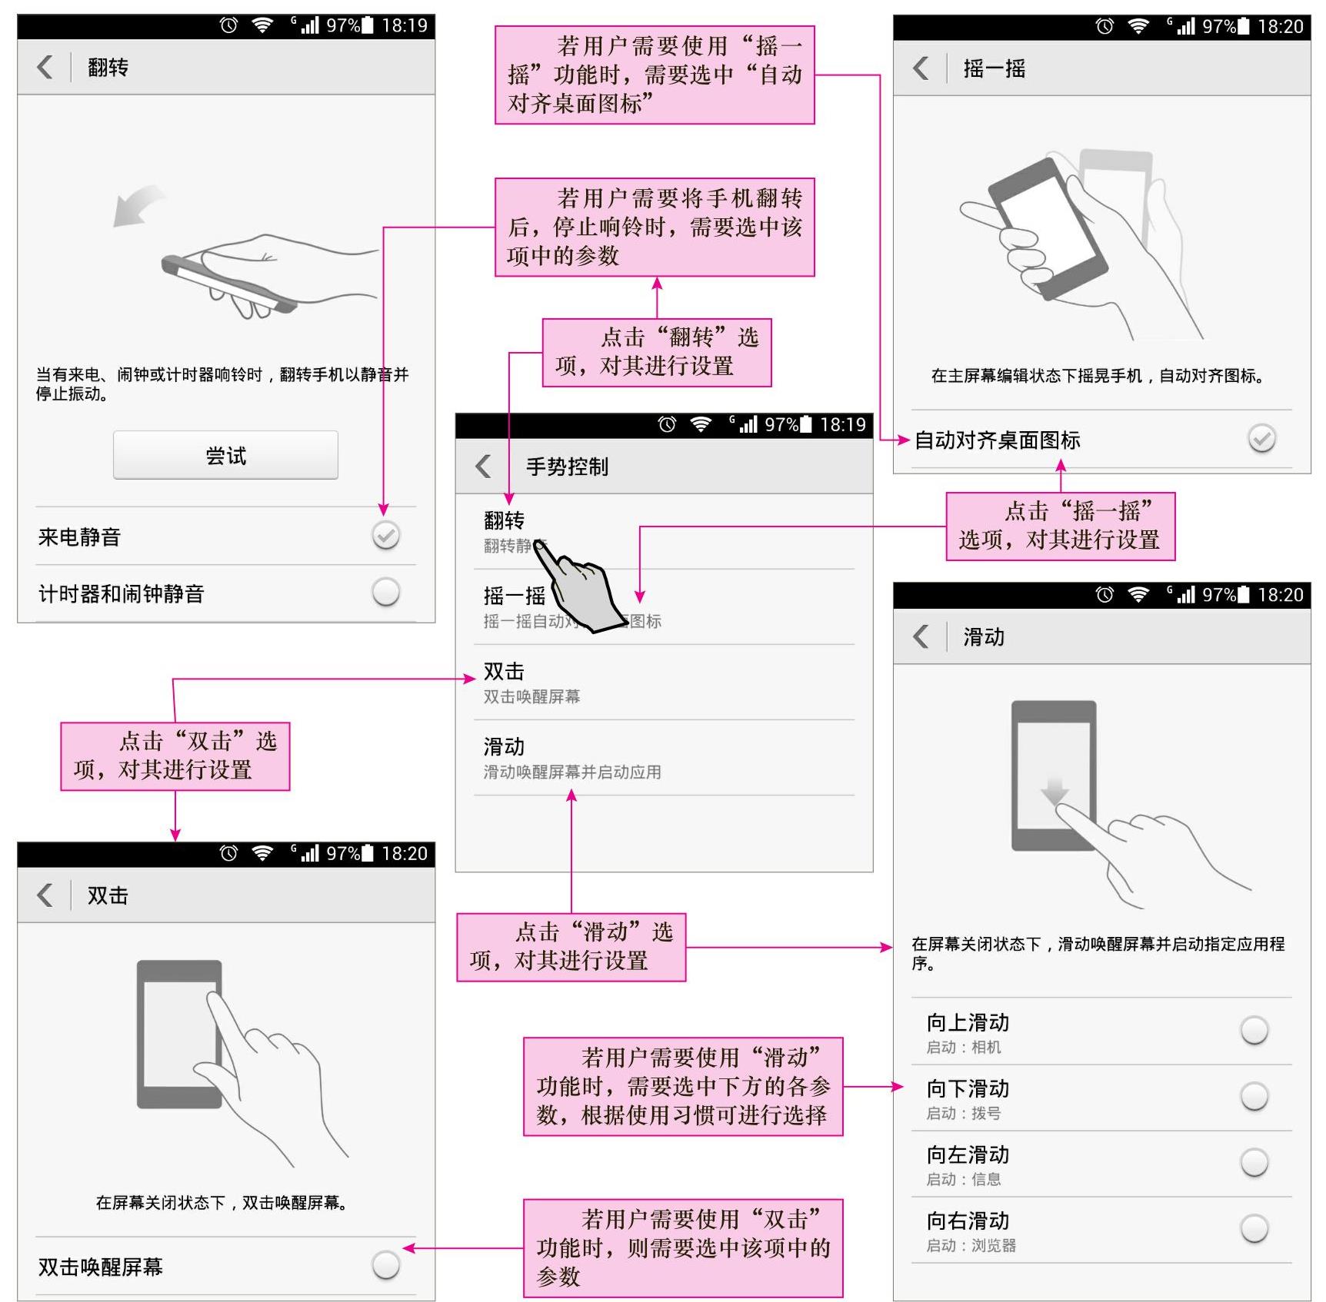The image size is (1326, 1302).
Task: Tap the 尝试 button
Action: pos(225,455)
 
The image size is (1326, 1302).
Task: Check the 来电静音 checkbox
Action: pos(385,535)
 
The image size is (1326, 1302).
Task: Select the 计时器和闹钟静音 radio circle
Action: pos(385,592)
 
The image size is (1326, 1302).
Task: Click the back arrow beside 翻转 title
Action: pos(45,67)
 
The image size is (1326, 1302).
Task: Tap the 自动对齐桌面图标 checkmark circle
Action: pos(1261,438)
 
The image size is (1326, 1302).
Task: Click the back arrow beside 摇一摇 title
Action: pos(921,68)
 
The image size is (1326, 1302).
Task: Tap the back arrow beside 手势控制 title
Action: pos(483,466)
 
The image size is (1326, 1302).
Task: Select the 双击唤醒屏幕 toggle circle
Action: pos(385,1264)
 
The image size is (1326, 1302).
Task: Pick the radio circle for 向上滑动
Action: pos(1254,1030)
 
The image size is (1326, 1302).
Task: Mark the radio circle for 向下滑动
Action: pos(1254,1096)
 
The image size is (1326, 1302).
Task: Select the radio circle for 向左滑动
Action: pos(1254,1162)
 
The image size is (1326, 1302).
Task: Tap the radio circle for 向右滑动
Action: pos(1254,1228)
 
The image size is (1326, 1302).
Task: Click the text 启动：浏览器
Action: pos(971,1245)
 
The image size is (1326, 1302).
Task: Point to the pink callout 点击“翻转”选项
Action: pos(657,352)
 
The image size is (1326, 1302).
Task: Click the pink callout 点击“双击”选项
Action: pos(175,756)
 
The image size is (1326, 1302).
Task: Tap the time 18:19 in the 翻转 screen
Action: pos(405,25)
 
